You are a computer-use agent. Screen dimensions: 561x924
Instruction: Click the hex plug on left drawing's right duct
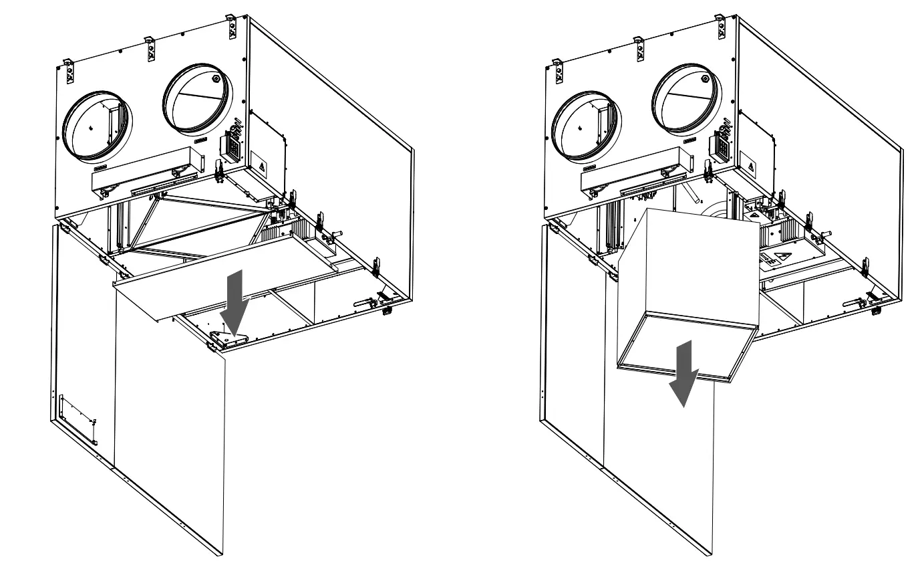(x=215, y=78)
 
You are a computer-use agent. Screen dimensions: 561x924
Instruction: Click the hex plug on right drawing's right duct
(x=704, y=78)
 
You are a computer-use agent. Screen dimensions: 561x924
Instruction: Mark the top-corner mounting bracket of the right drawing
(x=720, y=26)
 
